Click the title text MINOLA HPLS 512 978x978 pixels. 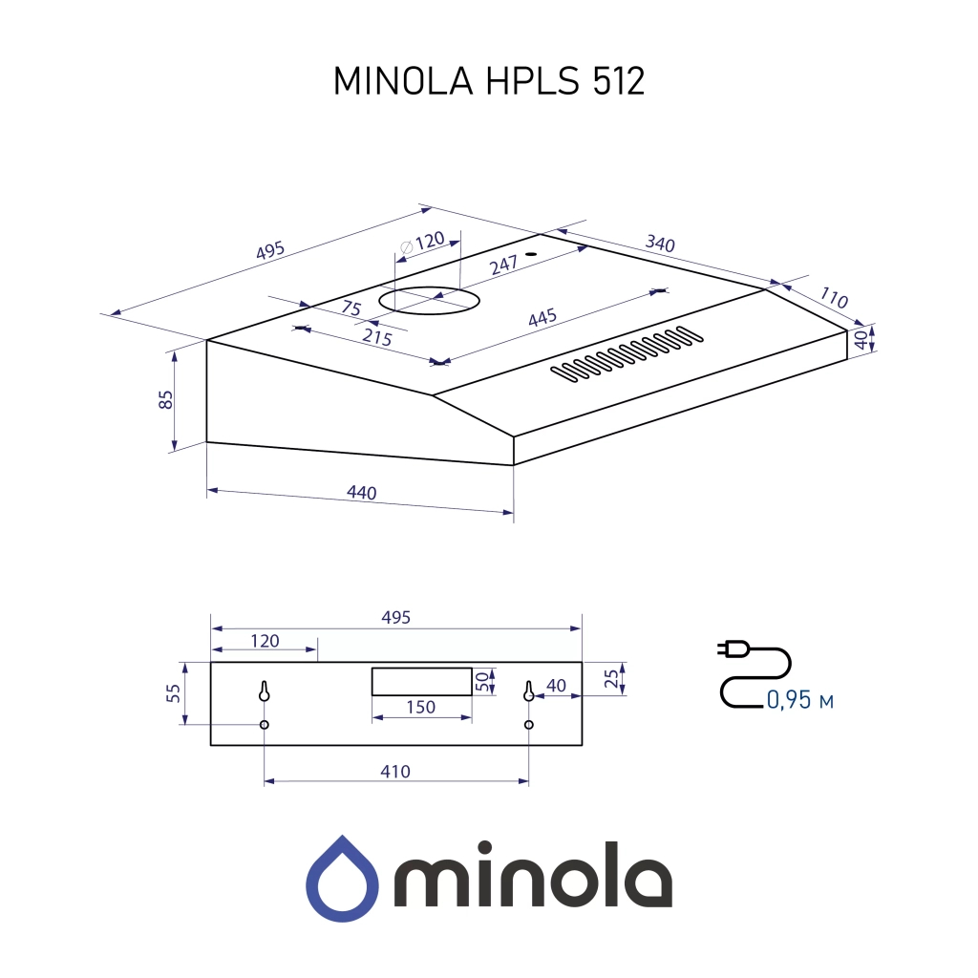489,82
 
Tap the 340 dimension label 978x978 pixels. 659,244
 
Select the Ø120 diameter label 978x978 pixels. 424,243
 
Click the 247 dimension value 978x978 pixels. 503,266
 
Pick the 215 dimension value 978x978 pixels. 377,337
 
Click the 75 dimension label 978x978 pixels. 351,308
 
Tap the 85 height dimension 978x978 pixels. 165,399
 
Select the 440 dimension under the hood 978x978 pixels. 361,493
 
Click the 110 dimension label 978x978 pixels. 833,298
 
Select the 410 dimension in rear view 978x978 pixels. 394,771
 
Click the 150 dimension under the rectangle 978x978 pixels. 420,707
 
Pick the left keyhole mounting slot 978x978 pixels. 265,691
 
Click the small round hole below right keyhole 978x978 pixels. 528,726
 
